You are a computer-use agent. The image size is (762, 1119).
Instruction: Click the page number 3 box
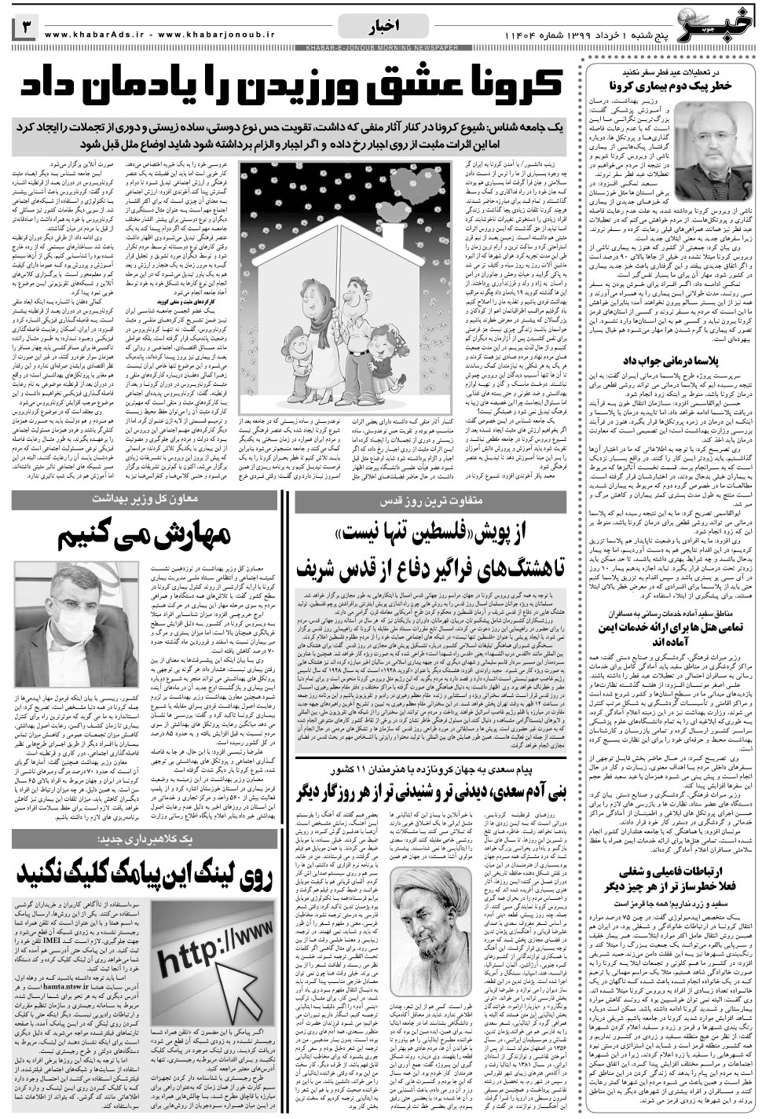[23, 30]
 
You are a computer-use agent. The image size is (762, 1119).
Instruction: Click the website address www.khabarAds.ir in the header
[90, 34]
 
